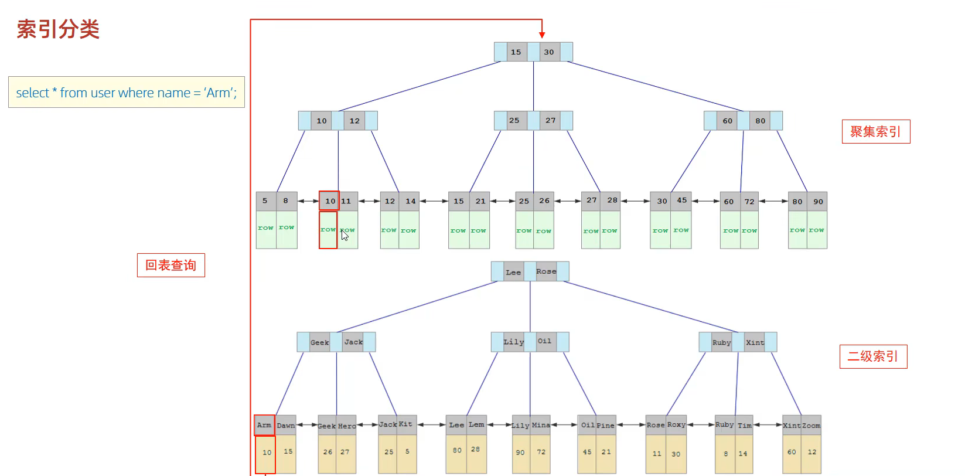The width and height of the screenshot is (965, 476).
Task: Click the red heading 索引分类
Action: point(58,29)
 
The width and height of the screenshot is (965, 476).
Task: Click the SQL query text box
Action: point(127,93)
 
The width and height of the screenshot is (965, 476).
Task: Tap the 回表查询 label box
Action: point(171,265)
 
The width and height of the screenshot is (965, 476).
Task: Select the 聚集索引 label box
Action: point(875,131)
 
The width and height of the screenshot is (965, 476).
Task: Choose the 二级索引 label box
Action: point(873,356)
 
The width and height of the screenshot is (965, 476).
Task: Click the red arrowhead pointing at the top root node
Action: point(542,35)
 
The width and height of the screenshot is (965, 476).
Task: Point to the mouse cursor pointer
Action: point(345,235)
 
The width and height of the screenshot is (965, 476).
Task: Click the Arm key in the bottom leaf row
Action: point(264,425)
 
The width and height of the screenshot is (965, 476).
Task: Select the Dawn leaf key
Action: point(286,426)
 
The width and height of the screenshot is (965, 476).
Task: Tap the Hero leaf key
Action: point(347,426)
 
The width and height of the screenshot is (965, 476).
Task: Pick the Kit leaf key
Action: point(405,424)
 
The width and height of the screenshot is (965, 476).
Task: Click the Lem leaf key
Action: point(476,425)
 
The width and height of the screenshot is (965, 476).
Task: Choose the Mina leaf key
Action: point(541,425)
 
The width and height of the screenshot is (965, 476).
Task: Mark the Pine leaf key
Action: point(606,426)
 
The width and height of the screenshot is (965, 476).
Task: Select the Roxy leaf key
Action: point(676,425)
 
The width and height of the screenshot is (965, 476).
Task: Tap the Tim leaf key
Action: point(745,426)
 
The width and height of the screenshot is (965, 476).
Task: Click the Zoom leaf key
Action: point(811,426)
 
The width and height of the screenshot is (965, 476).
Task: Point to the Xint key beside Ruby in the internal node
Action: point(755,342)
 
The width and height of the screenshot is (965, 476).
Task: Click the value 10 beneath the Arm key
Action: point(267,453)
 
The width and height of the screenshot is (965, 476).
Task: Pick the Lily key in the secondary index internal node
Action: point(513,342)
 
